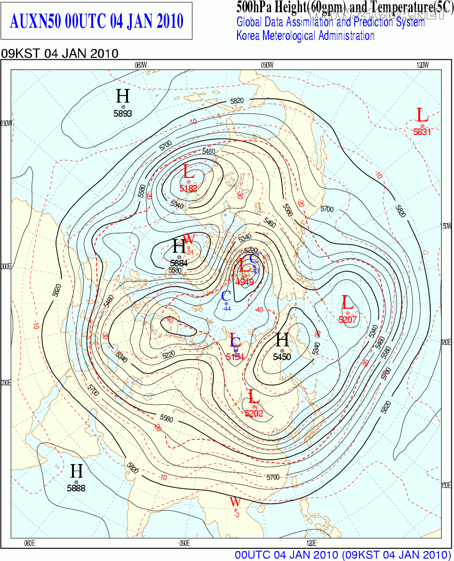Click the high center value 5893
point(123,113)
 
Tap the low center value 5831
point(422,132)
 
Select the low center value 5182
point(188,188)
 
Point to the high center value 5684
point(179,264)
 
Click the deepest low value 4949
point(245,282)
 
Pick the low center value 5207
point(347,320)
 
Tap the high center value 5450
point(282,357)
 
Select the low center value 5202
point(254,414)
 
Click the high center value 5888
point(76,489)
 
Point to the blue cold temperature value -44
point(226,309)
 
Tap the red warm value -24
point(190,252)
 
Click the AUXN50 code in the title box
point(35,21)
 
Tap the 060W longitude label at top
point(141,65)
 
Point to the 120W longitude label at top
point(422,65)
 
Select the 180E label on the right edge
point(446,342)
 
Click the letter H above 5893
point(123,96)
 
